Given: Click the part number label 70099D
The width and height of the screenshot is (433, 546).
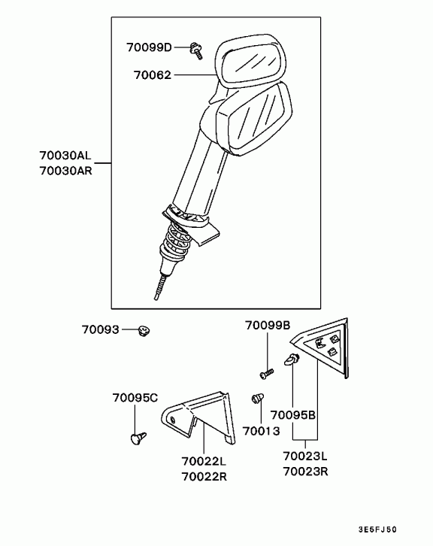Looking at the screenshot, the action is click(x=149, y=47).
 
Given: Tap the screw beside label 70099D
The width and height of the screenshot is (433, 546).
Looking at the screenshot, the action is click(x=196, y=51).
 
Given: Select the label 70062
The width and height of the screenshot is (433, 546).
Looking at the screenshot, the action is click(x=153, y=75).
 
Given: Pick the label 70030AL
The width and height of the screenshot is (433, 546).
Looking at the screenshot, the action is click(x=65, y=155).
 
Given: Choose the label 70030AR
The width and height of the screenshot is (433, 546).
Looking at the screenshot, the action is click(x=65, y=171).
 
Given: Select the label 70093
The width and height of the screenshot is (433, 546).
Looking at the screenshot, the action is click(x=101, y=329).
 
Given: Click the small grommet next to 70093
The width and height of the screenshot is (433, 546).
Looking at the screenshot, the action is click(x=143, y=331).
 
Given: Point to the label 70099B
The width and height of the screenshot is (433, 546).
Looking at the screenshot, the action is click(x=268, y=325).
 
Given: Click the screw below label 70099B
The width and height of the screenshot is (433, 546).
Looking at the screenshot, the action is click(x=267, y=374).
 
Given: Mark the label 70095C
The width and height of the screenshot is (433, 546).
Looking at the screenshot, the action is click(x=135, y=398).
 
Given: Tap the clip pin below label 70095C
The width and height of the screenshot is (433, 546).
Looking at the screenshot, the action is click(x=138, y=438).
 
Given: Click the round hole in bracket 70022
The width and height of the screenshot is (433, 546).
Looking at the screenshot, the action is click(x=173, y=420).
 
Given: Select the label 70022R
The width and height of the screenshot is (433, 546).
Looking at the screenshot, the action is click(x=204, y=476).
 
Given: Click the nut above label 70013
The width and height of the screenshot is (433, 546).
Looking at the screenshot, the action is click(x=258, y=399).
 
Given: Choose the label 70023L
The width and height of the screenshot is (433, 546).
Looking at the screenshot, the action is click(x=305, y=456).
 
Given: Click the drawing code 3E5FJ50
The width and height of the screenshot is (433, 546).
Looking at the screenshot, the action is click(x=377, y=530).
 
